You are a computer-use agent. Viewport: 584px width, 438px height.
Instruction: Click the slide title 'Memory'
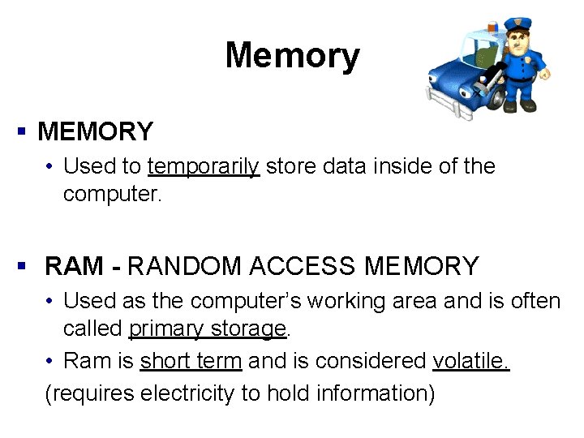(292, 56)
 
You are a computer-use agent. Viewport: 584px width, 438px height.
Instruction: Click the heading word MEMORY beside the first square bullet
(95, 131)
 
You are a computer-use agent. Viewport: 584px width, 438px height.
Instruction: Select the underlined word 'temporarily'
(203, 167)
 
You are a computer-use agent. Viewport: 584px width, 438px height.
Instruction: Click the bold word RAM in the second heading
(75, 265)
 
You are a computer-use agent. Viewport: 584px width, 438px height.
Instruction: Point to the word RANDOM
(184, 265)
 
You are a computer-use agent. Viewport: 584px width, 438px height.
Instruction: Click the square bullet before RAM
(23, 265)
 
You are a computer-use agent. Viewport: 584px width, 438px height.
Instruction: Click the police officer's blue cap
(516, 24)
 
